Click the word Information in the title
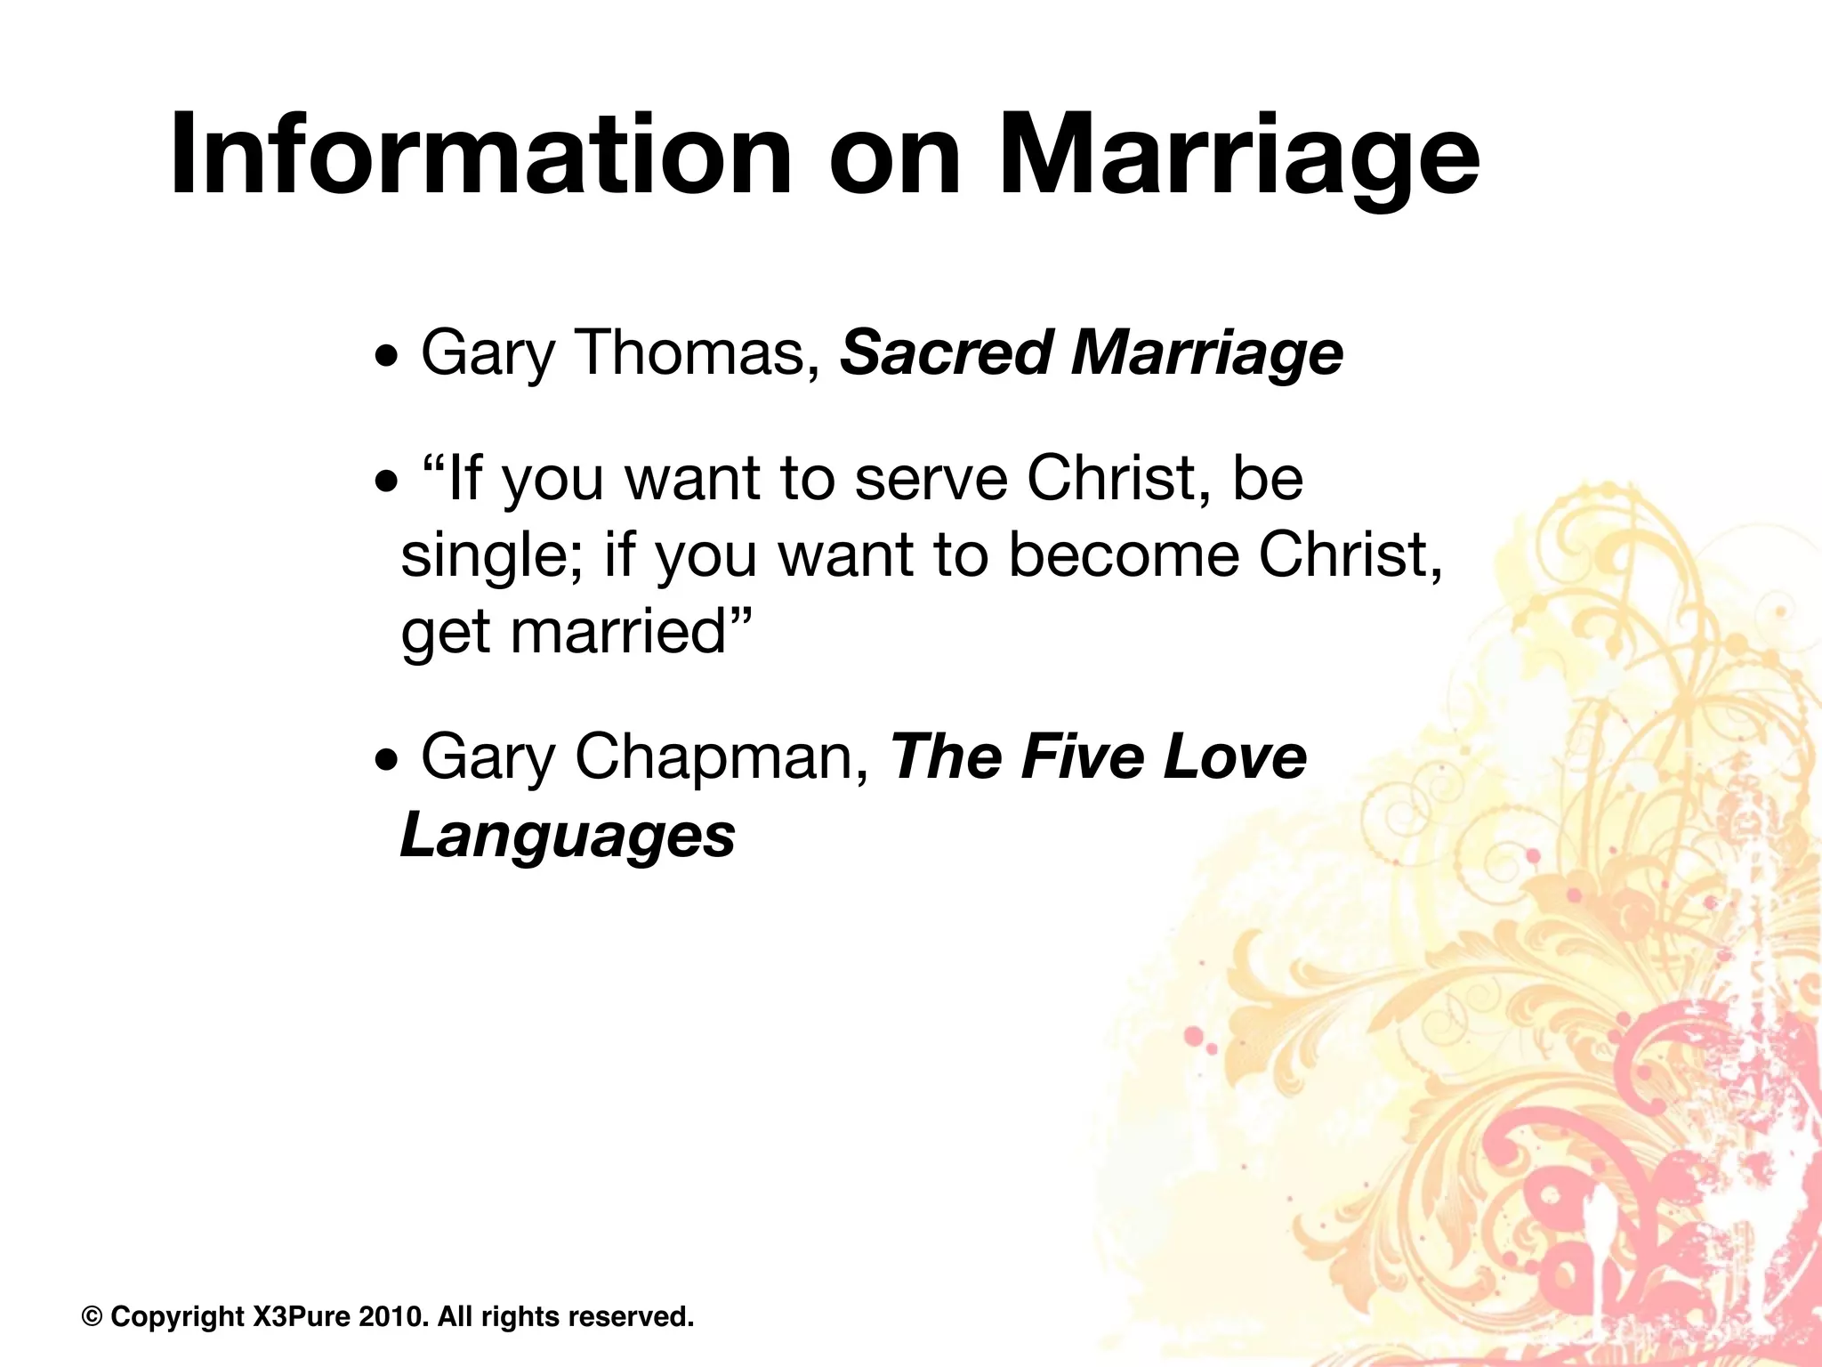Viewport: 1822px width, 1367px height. coord(480,156)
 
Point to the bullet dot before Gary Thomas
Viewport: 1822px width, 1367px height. coord(387,361)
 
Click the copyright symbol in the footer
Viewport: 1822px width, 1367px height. coord(92,1316)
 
